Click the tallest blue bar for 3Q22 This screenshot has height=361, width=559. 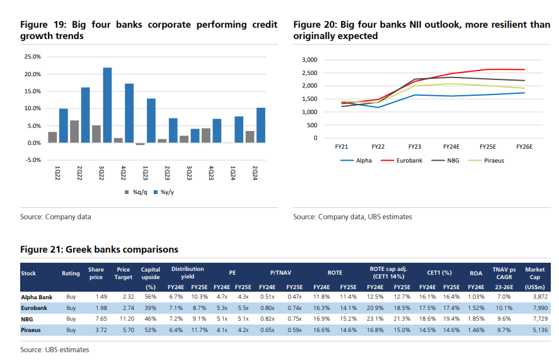(108, 105)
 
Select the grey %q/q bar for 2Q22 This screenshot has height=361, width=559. (74, 132)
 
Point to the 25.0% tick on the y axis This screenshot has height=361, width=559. (32, 57)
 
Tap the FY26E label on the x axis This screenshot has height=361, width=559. (524, 147)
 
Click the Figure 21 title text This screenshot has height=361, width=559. (99, 249)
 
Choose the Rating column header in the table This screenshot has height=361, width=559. (71, 273)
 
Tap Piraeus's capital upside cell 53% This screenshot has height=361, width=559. (150, 329)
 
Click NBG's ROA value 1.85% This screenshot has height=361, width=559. (476, 319)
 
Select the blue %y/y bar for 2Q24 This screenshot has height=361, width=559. (260, 125)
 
